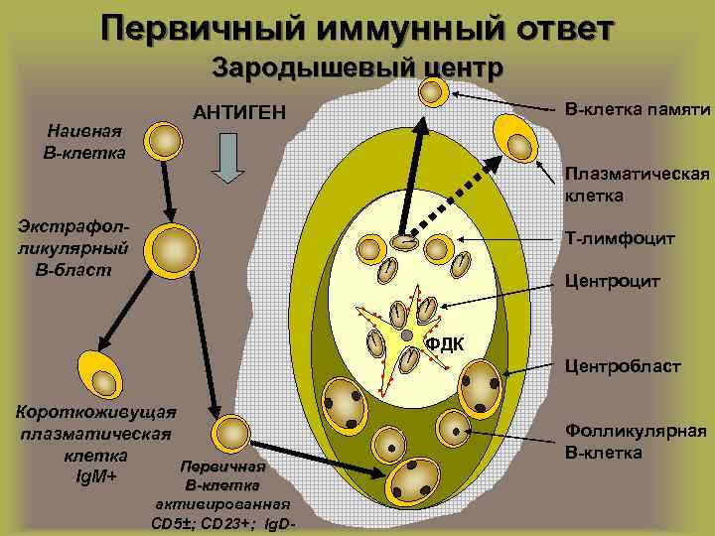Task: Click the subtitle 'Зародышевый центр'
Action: click(357, 67)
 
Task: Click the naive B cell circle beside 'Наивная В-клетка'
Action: click(165, 139)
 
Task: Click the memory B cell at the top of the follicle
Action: click(433, 91)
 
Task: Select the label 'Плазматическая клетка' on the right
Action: click(637, 185)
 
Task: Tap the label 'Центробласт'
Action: click(622, 367)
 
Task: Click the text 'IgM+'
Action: click(96, 476)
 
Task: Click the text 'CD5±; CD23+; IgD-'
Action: click(222, 523)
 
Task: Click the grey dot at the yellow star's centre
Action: click(405, 335)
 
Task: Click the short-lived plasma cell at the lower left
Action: click(100, 374)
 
